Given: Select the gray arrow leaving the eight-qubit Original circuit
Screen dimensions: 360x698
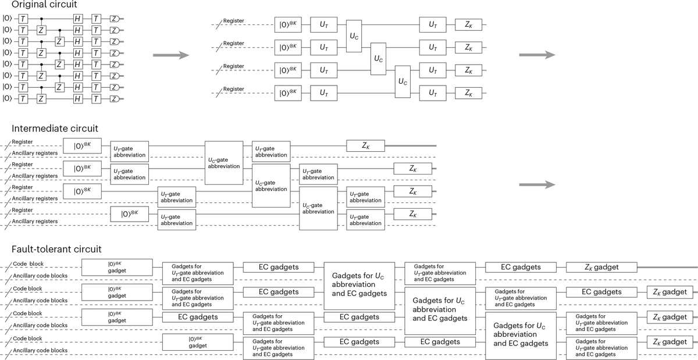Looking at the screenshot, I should click(x=170, y=56).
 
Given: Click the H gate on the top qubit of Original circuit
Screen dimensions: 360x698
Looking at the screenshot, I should click(x=77, y=19).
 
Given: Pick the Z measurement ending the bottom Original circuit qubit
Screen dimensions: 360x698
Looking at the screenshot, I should click(x=115, y=98).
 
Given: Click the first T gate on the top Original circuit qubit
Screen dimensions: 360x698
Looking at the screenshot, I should click(x=23, y=19).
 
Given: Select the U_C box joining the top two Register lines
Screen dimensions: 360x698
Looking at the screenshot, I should click(x=355, y=36).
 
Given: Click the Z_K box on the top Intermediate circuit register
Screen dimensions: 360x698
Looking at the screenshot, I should click(x=365, y=146).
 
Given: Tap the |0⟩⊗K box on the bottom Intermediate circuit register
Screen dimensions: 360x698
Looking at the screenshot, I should click(x=130, y=213).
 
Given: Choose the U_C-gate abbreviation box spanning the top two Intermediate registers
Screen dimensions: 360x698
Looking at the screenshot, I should click(x=224, y=162).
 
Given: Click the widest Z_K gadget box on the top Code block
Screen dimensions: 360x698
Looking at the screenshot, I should click(x=601, y=267).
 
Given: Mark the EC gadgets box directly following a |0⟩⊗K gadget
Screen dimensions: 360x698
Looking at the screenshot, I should click(x=190, y=317).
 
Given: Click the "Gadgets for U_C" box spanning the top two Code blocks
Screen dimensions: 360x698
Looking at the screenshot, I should click(x=359, y=284).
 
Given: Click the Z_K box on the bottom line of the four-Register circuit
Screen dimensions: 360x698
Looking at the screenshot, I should click(x=469, y=93).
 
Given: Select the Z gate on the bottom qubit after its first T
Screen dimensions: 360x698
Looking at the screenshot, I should click(x=41, y=98).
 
